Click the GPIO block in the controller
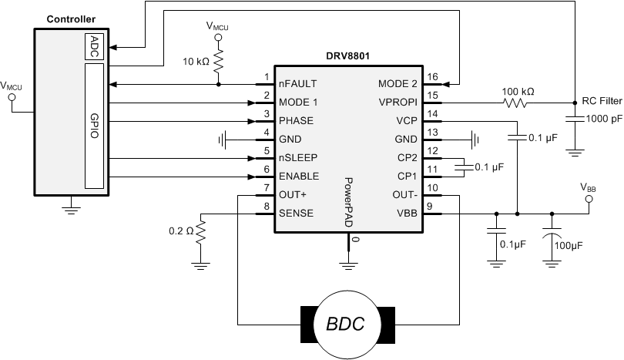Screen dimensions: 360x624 coord(93,126)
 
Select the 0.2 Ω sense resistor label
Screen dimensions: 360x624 coord(182,230)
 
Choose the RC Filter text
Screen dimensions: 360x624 coord(602,101)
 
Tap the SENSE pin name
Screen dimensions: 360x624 coord(297,213)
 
